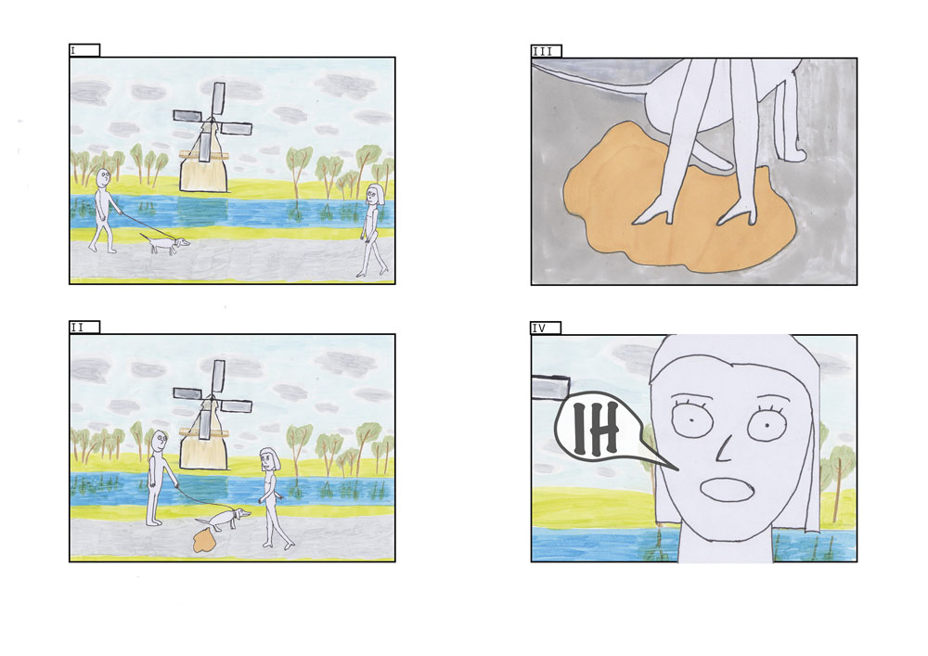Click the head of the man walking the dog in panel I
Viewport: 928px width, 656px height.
(103, 178)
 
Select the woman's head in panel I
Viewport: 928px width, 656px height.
(374, 194)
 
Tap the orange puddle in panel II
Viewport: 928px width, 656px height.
(204, 540)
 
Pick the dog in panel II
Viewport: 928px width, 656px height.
(224, 519)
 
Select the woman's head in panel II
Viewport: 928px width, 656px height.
(270, 458)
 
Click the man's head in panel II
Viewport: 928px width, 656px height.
(160, 441)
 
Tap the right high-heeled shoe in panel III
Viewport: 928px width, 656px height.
(738, 213)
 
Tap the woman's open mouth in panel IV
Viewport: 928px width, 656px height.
(727, 490)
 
